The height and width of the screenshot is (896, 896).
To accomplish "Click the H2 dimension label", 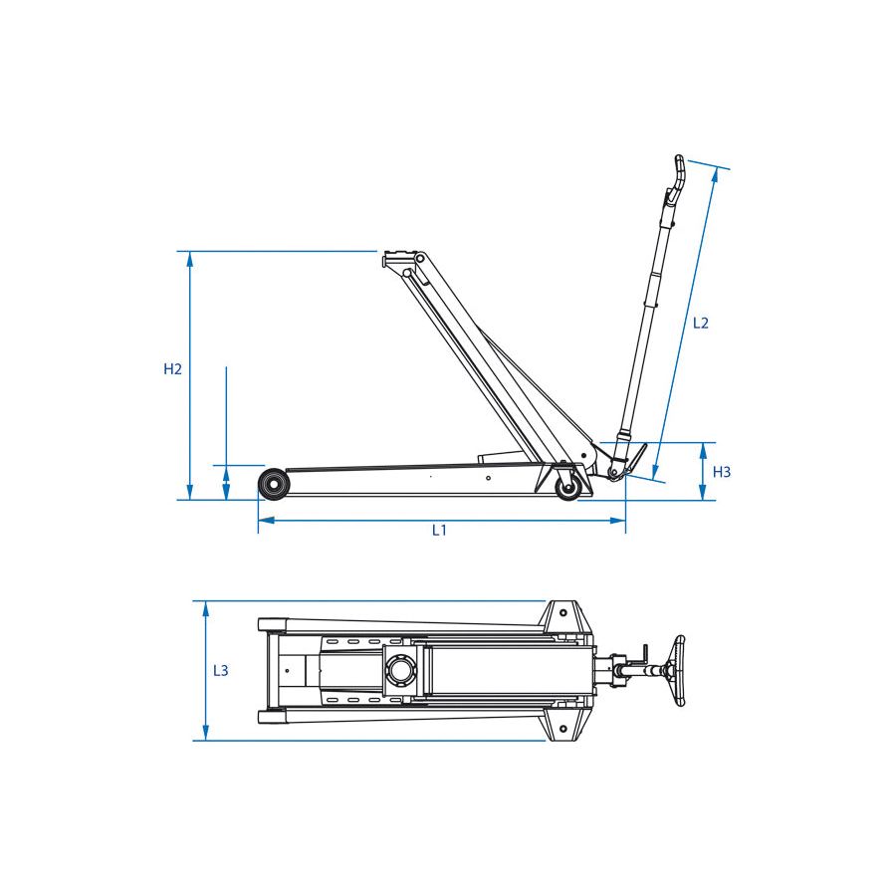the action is [172, 369].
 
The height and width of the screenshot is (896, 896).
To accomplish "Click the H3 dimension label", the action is [722, 472].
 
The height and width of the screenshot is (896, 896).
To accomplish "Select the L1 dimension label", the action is [439, 531].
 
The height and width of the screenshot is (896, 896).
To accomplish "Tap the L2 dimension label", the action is [701, 323].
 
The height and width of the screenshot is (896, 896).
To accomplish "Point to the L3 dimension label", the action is [221, 670].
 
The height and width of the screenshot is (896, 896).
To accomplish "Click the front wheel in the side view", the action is [274, 484].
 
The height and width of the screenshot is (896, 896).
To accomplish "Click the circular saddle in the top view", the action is [400, 670].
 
